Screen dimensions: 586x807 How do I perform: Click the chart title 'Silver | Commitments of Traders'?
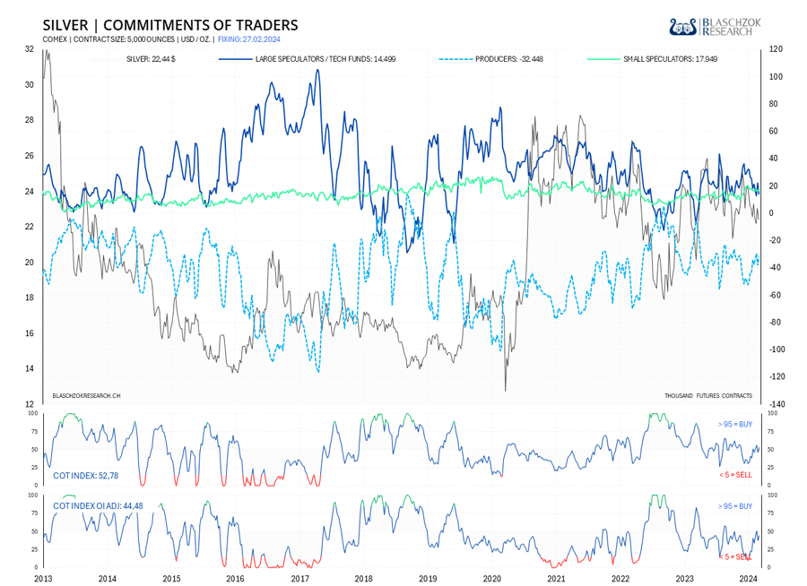[170, 25]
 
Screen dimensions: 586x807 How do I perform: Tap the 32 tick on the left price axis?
[30, 49]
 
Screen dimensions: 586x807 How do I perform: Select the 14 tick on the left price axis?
[30, 368]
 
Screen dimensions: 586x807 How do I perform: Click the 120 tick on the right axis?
[775, 49]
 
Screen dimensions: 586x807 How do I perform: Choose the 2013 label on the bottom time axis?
[43, 579]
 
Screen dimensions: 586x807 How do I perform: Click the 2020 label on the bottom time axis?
[492, 579]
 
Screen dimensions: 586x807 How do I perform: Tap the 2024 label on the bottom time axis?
[750, 579]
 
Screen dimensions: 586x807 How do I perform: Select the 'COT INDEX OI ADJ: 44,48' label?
[98, 506]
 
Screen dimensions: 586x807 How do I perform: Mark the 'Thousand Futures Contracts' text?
[708, 395]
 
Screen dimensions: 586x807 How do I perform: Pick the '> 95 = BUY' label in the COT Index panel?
[734, 424]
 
